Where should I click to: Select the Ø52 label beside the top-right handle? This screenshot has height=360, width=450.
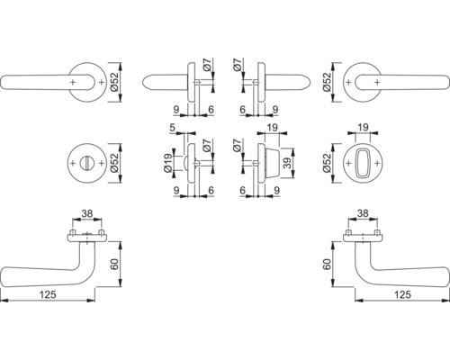pyautogui.click(x=331, y=82)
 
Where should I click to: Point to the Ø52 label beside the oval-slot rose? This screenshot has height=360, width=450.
pyautogui.click(x=331, y=162)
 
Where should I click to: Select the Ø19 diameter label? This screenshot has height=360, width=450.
pyautogui.click(x=167, y=163)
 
